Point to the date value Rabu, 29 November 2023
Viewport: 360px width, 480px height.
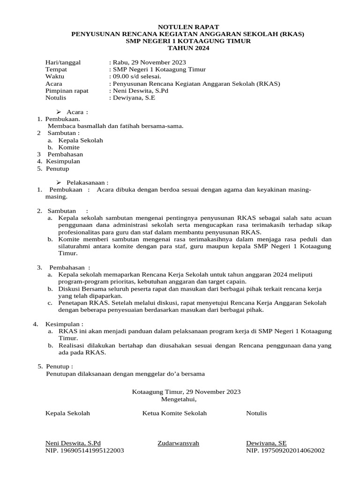pos(149,62)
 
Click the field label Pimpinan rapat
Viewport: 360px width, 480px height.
pos(67,90)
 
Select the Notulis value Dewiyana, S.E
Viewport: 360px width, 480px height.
pos(133,98)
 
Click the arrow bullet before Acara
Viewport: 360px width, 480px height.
pos(59,112)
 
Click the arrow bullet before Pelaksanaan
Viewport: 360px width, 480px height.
pos(59,182)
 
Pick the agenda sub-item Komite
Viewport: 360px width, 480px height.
pos(69,147)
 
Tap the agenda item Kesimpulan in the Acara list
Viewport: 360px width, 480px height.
pos(63,161)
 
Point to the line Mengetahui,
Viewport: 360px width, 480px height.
pos(180,399)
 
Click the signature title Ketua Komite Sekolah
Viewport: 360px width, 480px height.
pos(174,413)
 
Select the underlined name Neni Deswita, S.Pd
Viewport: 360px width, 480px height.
pos(73,443)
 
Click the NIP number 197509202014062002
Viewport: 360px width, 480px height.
pos(285,450)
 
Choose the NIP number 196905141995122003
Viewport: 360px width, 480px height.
pos(84,450)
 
